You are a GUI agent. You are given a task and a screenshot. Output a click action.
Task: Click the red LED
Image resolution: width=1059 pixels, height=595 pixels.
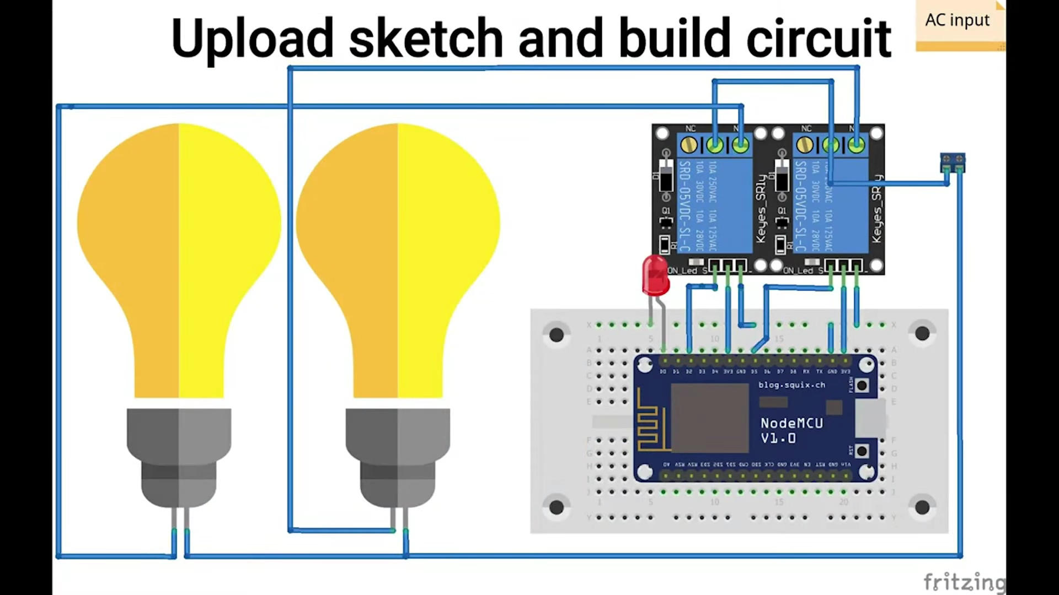coord(655,275)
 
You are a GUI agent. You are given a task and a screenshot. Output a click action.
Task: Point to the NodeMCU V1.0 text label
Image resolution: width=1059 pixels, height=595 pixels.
coord(791,430)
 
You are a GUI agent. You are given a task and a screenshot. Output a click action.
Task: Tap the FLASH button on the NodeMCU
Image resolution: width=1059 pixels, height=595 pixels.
coord(862,385)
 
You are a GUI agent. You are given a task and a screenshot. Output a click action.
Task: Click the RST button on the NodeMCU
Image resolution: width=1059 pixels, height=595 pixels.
coord(862,451)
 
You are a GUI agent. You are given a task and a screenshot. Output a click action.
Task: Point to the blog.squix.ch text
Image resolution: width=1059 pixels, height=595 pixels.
coord(791,385)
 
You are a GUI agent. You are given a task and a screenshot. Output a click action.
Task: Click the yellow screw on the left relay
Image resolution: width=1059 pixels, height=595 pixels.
coord(689,145)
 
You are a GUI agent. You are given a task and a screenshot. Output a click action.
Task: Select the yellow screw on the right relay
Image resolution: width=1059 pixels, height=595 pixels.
coord(805,145)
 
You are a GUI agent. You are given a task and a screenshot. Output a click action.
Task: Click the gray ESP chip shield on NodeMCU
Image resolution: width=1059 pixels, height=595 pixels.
coord(709,418)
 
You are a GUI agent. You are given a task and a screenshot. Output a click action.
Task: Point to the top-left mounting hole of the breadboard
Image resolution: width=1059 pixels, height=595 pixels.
coord(556,334)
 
